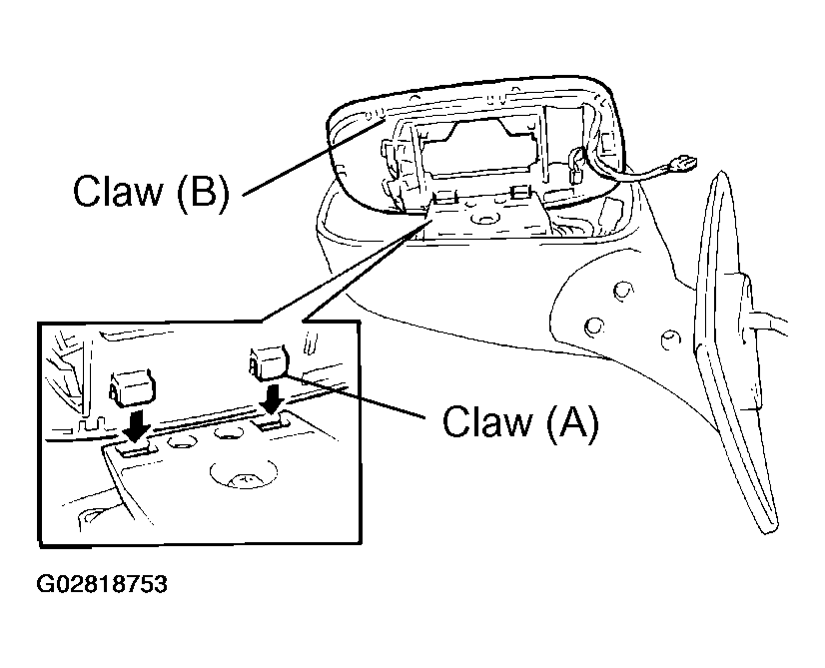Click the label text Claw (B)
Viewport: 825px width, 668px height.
pos(151,191)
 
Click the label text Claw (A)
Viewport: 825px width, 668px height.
pos(520,421)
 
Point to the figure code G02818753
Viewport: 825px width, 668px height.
pos(102,584)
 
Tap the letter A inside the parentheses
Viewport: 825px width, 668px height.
pos(571,421)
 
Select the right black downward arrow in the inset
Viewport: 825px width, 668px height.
pos(273,400)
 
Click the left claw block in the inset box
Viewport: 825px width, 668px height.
pos(133,388)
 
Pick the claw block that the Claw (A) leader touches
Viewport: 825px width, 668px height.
pos(269,362)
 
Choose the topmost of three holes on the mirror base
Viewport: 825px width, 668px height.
pos(623,290)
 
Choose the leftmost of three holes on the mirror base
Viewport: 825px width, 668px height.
pos(593,327)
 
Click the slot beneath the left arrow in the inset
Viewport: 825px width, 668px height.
pos(136,448)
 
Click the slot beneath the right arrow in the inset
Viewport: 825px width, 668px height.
pos(271,421)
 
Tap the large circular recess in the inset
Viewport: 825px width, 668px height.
pos(243,473)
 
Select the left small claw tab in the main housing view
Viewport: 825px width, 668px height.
pos(443,197)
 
